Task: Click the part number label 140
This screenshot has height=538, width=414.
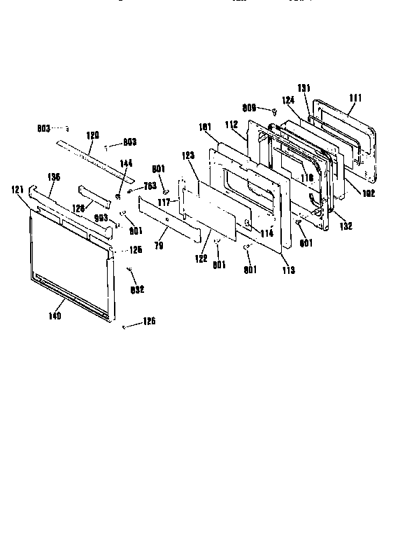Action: [55, 316]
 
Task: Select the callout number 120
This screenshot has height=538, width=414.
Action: [92, 134]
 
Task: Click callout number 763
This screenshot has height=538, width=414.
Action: [150, 186]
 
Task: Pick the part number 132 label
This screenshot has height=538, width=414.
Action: [345, 226]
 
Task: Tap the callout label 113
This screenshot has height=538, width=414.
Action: [288, 269]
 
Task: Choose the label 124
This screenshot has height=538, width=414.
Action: [288, 101]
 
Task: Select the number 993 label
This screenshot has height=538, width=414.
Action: [101, 218]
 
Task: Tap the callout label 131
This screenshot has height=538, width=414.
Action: [304, 88]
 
